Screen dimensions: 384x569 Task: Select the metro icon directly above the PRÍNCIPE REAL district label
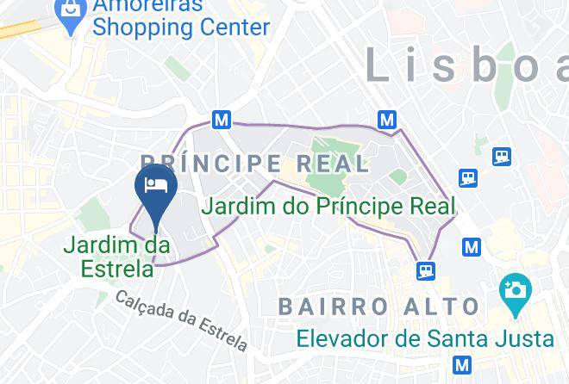click(x=222, y=121)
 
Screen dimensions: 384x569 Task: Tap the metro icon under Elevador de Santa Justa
click(x=463, y=364)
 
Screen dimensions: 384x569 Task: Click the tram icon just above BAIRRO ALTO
click(x=425, y=270)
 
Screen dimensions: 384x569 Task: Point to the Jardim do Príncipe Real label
click(x=328, y=207)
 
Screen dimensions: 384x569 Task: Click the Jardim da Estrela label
click(x=116, y=257)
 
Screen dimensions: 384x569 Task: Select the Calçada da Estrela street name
click(x=181, y=319)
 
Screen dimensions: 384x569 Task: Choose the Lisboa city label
click(x=466, y=65)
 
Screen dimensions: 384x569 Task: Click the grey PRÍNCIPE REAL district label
click(x=253, y=164)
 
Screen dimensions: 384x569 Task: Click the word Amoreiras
click(x=148, y=5)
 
